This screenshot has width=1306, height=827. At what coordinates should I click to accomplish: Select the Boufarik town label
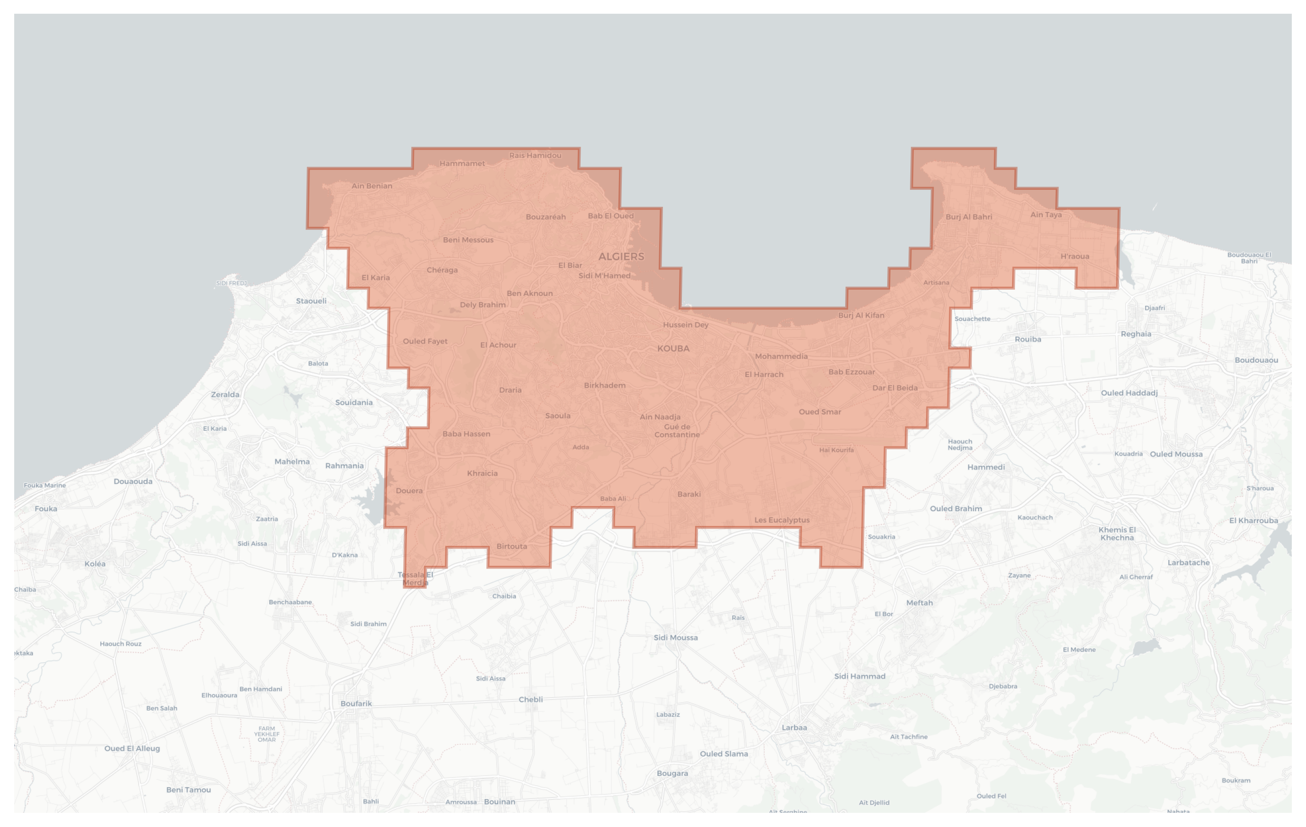tap(356, 703)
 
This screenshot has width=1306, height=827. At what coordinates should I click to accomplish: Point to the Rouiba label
tap(1028, 339)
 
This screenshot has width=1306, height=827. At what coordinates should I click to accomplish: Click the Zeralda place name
tap(225, 394)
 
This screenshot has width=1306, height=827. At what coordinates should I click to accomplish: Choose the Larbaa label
tap(794, 727)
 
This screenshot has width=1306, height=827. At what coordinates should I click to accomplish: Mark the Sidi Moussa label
tap(675, 638)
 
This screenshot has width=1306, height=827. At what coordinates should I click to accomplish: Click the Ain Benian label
tap(371, 186)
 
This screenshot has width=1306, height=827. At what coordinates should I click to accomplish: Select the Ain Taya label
tap(1046, 214)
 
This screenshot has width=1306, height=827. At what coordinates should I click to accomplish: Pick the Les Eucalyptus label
tap(782, 520)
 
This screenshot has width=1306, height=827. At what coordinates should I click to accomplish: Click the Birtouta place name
tap(512, 546)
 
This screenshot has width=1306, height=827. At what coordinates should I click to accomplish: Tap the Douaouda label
tap(133, 481)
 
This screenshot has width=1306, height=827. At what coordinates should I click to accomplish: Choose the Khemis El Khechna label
tap(1117, 534)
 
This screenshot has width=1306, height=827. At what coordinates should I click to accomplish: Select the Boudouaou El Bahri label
tap(1249, 258)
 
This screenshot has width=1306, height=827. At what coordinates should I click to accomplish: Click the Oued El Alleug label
tap(132, 748)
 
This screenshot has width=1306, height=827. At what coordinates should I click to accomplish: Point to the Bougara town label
tap(672, 774)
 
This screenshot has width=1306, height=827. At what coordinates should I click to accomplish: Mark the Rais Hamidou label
tap(535, 155)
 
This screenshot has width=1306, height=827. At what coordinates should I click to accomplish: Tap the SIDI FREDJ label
tap(231, 283)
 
